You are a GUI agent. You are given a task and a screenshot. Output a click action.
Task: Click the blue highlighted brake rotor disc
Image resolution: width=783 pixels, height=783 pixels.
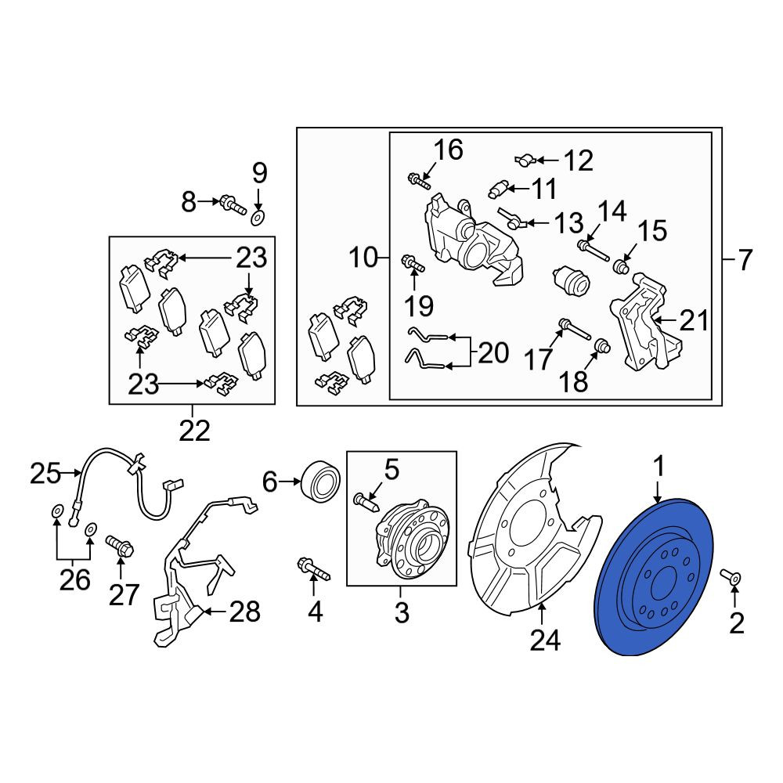click(655, 577)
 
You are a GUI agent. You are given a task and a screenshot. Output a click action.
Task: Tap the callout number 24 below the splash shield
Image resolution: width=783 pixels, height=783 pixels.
click(545, 640)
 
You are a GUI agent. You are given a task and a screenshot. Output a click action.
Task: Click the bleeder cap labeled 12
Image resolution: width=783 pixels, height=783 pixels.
click(525, 161)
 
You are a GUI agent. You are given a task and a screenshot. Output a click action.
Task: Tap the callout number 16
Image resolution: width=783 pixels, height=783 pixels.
click(449, 150)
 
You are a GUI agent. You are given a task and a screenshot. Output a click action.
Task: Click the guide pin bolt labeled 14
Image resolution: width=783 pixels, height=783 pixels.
click(593, 251)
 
